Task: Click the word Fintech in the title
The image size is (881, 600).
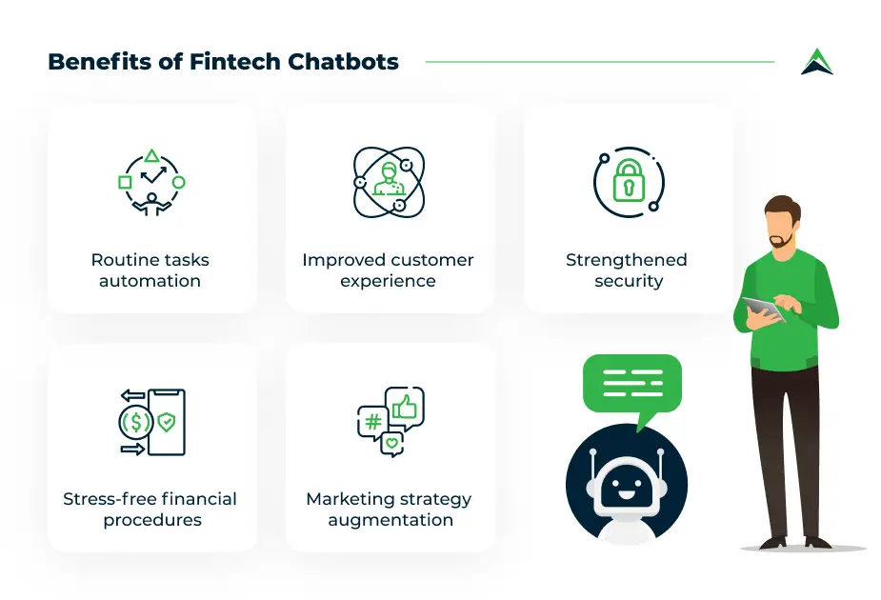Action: [x=235, y=62]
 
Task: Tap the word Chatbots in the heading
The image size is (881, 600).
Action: [x=343, y=62]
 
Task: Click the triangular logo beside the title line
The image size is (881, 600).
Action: [x=817, y=61]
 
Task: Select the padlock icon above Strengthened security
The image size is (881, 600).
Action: [x=629, y=180]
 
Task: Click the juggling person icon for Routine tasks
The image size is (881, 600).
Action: [x=151, y=183]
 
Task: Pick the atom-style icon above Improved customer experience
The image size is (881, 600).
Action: [x=389, y=182]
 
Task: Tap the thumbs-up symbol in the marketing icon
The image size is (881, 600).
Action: [x=405, y=407]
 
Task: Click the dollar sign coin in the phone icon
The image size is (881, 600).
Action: [x=135, y=422]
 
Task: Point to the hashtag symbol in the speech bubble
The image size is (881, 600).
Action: [x=373, y=421]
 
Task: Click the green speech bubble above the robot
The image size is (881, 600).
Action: [x=632, y=386]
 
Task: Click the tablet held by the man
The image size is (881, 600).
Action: [x=763, y=309]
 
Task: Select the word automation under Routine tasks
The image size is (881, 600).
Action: [x=150, y=281]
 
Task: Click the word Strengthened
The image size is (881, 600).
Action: [x=627, y=260]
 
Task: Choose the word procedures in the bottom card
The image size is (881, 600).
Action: [x=152, y=520]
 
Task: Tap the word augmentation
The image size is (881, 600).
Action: [x=390, y=520]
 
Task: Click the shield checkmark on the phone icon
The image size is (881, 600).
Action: [x=167, y=422]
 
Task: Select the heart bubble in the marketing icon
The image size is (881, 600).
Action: [x=392, y=444]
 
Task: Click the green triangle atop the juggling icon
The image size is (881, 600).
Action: [x=151, y=155]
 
